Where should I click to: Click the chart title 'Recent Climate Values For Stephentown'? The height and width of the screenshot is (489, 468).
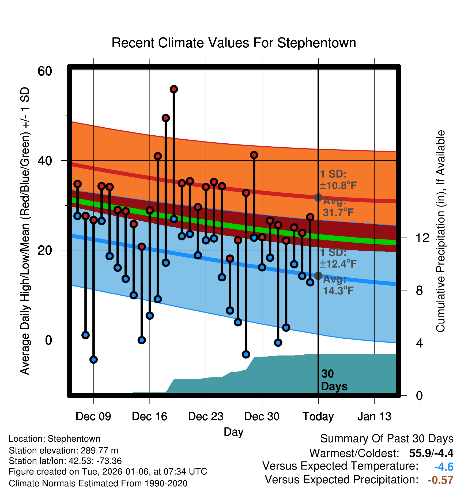[x=234, y=43]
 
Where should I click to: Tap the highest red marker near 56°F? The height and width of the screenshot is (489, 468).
[x=174, y=89]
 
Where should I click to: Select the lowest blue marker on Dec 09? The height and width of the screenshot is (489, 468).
[x=93, y=360]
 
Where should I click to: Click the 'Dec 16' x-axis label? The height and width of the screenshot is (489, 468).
[x=149, y=417]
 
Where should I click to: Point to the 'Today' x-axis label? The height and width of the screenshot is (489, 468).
[x=318, y=417]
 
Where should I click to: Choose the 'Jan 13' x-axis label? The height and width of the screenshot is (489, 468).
[x=374, y=417]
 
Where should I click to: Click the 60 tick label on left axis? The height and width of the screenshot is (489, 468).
[x=45, y=71]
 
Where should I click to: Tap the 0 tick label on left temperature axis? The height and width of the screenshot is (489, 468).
[x=48, y=340]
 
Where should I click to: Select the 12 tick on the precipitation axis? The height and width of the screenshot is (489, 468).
[x=422, y=238]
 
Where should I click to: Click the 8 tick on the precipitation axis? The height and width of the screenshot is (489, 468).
[x=419, y=291]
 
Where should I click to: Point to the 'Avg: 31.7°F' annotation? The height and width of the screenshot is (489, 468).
[x=338, y=207]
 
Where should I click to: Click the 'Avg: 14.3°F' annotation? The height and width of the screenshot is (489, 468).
[x=338, y=285]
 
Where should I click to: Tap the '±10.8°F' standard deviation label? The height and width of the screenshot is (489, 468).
[x=338, y=185]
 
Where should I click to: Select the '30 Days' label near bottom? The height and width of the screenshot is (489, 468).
[x=334, y=380]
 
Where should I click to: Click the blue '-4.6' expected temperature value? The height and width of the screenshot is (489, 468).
[x=444, y=467]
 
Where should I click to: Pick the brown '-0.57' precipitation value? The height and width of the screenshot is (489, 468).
[x=440, y=480]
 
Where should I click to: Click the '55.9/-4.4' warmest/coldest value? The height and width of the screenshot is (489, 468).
[x=431, y=453]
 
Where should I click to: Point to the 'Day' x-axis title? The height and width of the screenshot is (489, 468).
[x=233, y=432]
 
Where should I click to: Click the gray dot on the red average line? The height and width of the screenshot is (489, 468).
[x=318, y=198]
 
